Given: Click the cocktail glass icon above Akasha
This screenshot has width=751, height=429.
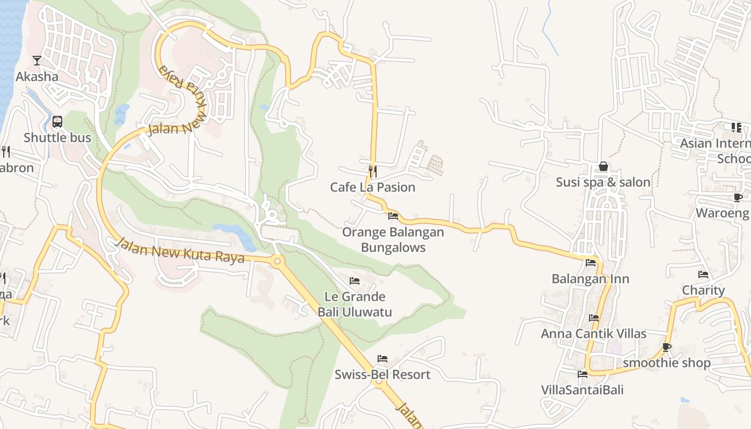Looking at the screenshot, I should pos(36,60).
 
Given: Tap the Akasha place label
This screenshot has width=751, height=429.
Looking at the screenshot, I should pos(36,77).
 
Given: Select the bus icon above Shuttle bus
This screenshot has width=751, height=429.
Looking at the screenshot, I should pos(57,122).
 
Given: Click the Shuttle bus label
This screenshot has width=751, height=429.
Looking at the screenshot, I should pos(57,138).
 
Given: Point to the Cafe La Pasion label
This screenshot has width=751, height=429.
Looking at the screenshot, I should pos(372,187).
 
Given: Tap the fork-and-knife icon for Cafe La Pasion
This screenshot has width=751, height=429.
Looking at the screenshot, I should pos(372,171).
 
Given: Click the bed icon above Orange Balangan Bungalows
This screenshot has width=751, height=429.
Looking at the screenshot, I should pos(393,216).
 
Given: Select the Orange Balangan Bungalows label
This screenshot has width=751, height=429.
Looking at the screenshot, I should pos(393,240).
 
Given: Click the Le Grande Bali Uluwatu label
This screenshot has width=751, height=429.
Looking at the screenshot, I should pos(355,304).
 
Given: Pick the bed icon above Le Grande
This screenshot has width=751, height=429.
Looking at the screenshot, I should pos(355,280).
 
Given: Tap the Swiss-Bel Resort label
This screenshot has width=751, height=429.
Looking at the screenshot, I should pos(382,374).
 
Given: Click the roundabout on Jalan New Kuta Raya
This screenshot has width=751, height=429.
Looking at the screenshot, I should pos(277,262).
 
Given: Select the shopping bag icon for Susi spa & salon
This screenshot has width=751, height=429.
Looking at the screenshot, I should pos(603,166).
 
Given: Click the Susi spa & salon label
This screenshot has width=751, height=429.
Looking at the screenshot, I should pos(603,182).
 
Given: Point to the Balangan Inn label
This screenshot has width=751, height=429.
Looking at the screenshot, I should pos(591,279).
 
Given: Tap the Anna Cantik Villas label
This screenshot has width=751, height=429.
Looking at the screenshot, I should pos(593,334).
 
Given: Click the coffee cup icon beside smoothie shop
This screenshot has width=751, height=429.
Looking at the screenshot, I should pos(666,347).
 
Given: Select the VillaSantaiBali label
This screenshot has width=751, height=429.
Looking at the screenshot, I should pos(582,390).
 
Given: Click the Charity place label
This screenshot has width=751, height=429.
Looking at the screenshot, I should pos(703,290).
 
